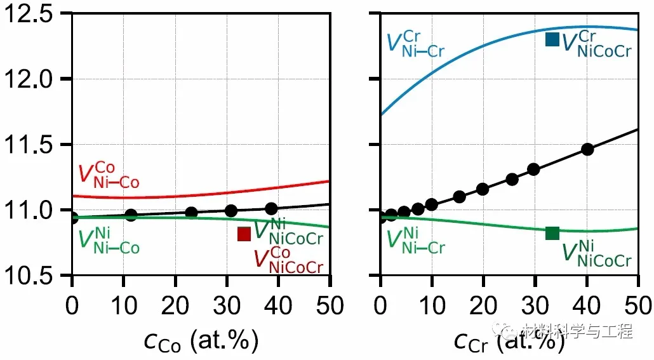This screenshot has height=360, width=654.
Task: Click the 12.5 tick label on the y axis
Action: [x=32, y=13]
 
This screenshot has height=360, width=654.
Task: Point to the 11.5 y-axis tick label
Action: [x=32, y=145]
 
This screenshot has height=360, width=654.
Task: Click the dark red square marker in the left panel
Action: [x=244, y=234]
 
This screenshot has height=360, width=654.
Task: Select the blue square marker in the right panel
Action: [x=552, y=39]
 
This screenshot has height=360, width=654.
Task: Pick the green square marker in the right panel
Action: [x=552, y=233]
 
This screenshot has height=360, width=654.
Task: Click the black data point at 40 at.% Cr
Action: [x=587, y=149]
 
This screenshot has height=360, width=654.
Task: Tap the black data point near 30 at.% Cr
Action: [x=533, y=169]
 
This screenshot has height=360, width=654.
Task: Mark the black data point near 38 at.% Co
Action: [x=271, y=208]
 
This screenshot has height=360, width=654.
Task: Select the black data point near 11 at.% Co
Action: [x=131, y=215]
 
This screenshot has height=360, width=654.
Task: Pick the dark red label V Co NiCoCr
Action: [x=288, y=259]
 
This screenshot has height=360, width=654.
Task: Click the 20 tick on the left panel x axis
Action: [x=175, y=306]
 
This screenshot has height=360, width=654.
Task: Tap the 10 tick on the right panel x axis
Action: [x=432, y=306]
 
